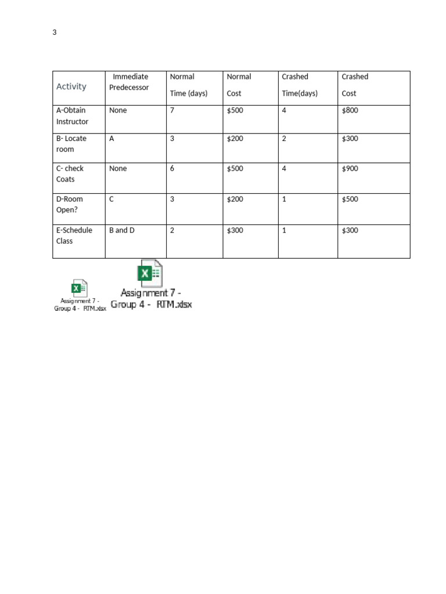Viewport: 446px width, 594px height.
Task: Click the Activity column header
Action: (x=71, y=86)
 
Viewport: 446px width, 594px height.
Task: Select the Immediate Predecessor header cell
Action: (x=130, y=82)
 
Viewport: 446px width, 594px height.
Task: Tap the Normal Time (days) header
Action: (x=188, y=85)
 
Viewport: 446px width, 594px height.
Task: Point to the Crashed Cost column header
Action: (x=355, y=85)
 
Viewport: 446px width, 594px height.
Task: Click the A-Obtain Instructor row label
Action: (x=73, y=116)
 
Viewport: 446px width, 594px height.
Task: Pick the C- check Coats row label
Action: (x=70, y=173)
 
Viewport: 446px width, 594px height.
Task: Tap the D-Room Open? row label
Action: (x=70, y=204)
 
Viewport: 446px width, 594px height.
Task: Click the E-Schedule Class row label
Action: (x=74, y=236)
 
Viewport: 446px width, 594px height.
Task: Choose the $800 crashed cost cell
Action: (x=350, y=110)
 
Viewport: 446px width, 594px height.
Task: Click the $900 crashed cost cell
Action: (x=350, y=168)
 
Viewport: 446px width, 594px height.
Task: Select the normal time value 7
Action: (x=172, y=110)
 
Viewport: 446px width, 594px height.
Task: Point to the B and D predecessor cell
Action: (x=122, y=230)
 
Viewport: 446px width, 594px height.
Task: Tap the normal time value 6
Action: (x=172, y=168)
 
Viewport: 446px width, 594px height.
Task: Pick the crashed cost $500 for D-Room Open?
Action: (x=350, y=199)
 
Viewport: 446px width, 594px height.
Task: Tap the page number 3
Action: (x=55, y=32)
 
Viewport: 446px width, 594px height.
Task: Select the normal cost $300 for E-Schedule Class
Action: (x=235, y=230)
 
